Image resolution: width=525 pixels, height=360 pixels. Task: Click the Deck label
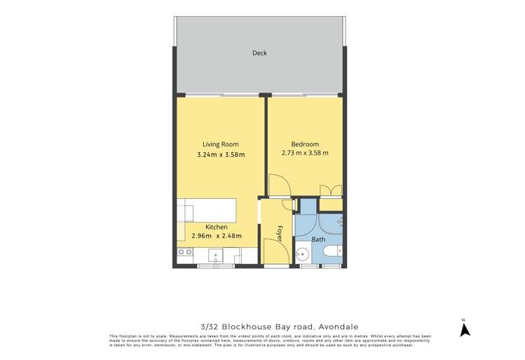pyautogui.click(x=259, y=53)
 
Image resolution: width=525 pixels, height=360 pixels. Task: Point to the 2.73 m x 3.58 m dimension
pyautogui.click(x=304, y=153)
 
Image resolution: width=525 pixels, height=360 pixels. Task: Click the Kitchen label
pyautogui.click(x=217, y=227)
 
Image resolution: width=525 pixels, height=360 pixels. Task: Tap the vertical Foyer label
pyautogui.click(x=278, y=233)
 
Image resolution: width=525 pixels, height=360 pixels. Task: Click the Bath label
pyautogui.click(x=318, y=240)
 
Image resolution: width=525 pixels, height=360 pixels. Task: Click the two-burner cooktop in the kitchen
pyautogui.click(x=185, y=252)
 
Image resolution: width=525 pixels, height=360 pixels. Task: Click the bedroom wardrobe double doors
pyautogui.click(x=331, y=191)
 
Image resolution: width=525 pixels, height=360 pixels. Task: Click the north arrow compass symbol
pyautogui.click(x=463, y=328)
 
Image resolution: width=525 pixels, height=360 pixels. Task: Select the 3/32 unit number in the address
pyautogui.click(x=209, y=326)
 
